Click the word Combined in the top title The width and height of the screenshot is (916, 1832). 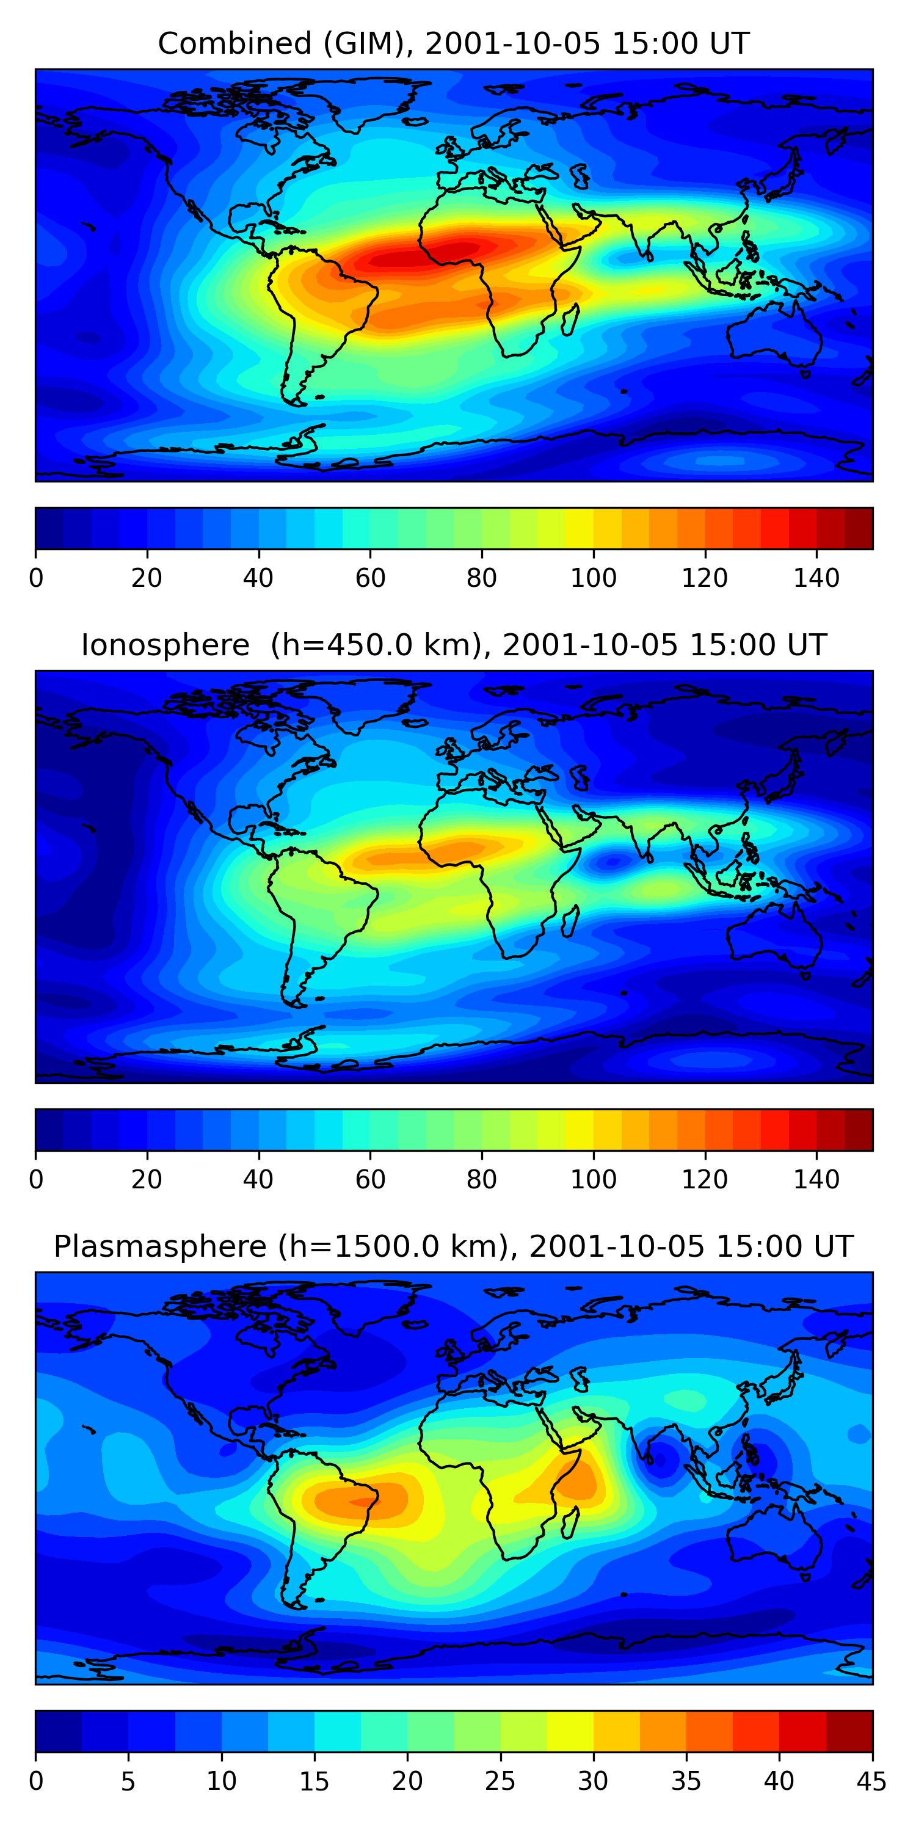[234, 44]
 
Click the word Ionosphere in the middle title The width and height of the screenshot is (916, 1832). [165, 645]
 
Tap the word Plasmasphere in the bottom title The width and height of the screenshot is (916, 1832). [159, 1248]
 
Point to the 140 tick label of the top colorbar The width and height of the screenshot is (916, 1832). [816, 578]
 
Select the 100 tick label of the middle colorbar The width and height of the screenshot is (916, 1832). [593, 1180]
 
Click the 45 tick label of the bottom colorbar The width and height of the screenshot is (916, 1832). [872, 1781]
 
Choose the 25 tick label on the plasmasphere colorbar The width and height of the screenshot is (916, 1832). [500, 1781]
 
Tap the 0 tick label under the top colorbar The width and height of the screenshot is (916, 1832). [36, 578]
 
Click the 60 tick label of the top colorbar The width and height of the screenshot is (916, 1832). [370, 578]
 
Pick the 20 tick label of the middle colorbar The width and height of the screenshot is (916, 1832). [147, 1180]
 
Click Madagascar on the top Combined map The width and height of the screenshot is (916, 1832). [570, 319]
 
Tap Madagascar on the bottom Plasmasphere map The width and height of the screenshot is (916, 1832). [570, 1522]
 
